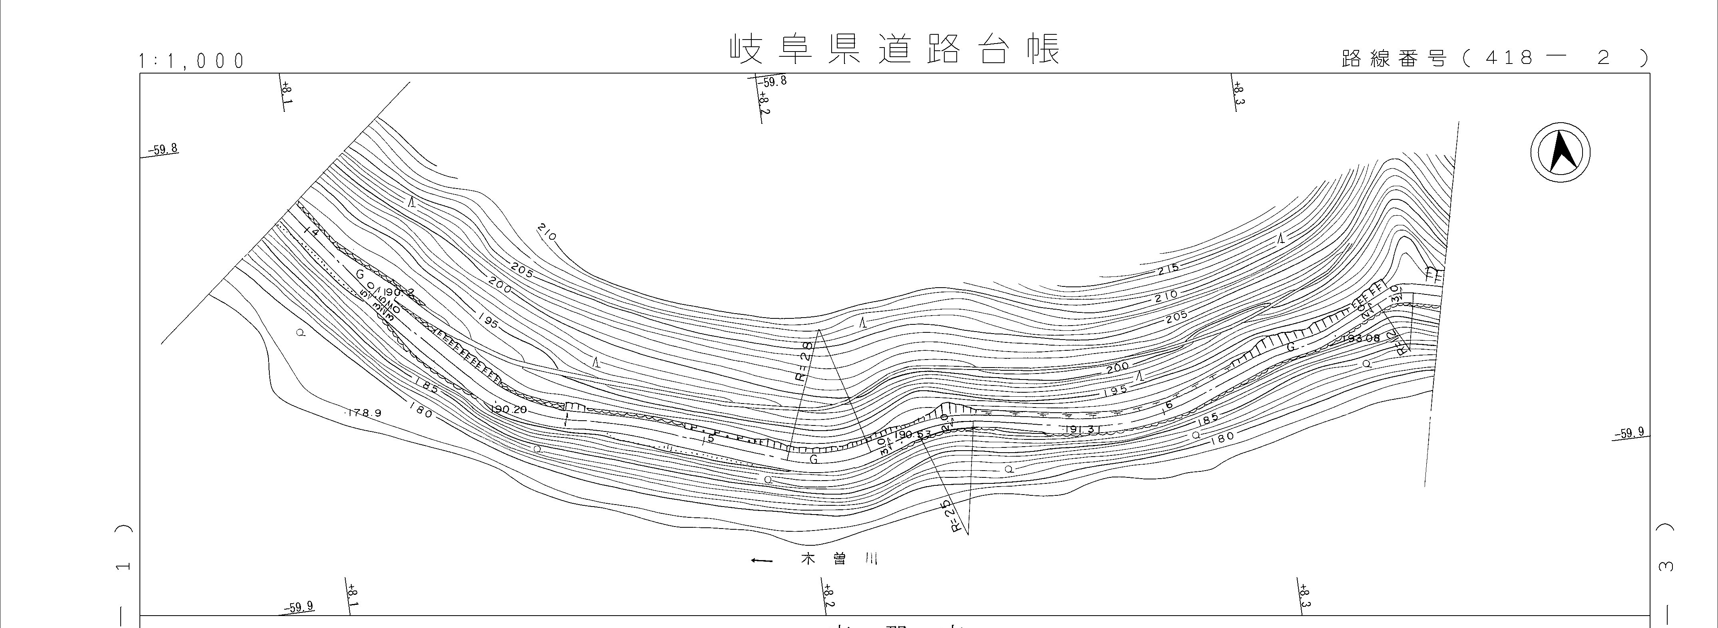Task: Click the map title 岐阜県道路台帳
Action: [x=894, y=50]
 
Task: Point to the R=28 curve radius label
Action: [x=805, y=360]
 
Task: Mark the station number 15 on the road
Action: [x=710, y=438]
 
